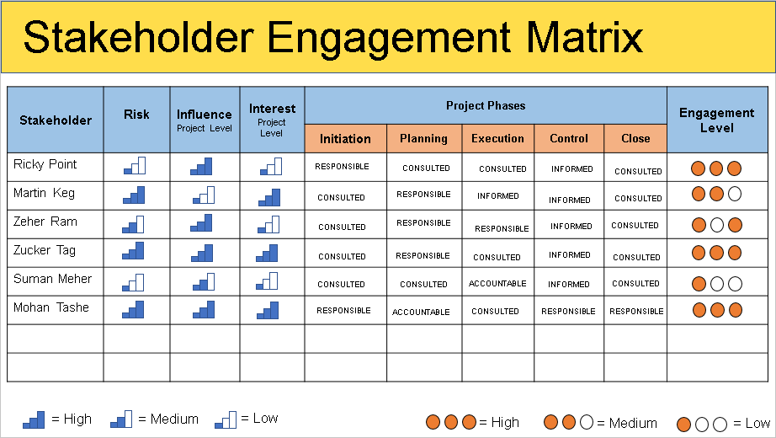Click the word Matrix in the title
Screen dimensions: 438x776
pyautogui.click(x=580, y=38)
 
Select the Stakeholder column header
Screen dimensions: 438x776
pyautogui.click(x=56, y=120)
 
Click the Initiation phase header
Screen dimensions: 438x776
pyautogui.click(x=345, y=138)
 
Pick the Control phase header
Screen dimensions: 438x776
pyautogui.click(x=569, y=138)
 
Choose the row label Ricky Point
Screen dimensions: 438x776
pyautogui.click(x=45, y=164)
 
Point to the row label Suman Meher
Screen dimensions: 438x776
pyautogui.click(x=52, y=279)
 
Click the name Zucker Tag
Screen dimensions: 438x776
pyautogui.click(x=45, y=250)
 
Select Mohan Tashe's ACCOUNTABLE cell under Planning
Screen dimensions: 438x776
pyautogui.click(x=421, y=312)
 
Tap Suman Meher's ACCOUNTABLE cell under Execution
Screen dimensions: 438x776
pyautogui.click(x=497, y=284)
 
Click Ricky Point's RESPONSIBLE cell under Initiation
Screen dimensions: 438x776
pyautogui.click(x=342, y=167)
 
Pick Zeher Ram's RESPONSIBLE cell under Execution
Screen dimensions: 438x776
pyautogui.click(x=502, y=228)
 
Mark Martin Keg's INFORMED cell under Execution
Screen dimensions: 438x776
pyautogui.click(x=498, y=196)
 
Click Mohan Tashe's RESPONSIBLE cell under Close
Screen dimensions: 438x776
pyautogui.click(x=636, y=312)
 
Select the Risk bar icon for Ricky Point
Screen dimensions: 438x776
pyautogui.click(x=135, y=166)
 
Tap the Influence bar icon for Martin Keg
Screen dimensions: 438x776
pyautogui.click(x=203, y=195)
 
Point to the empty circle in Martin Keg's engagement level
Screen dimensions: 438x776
pyautogui.click(x=734, y=195)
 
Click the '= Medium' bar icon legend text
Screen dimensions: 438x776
pyautogui.click(x=167, y=419)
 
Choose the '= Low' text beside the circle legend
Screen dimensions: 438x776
pyautogui.click(x=752, y=423)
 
